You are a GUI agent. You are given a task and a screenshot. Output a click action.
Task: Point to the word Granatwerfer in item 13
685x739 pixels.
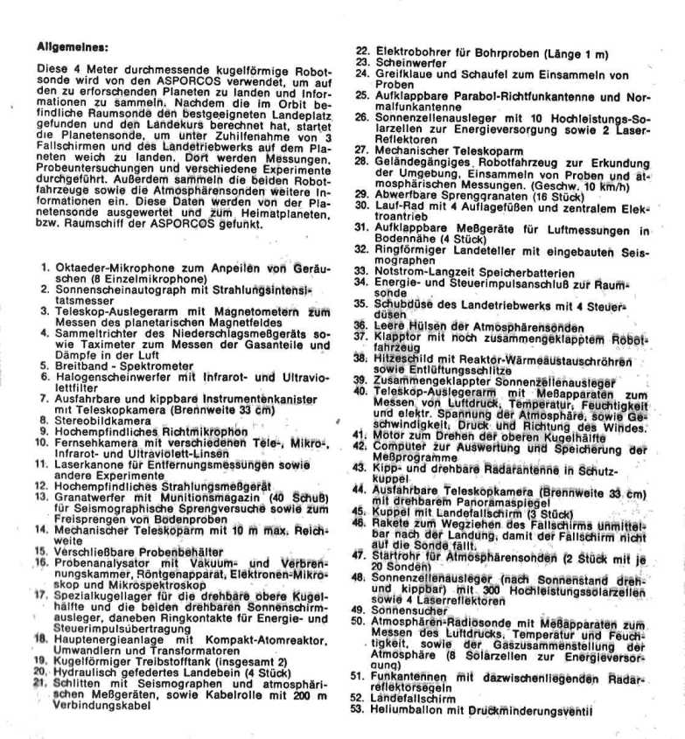91,498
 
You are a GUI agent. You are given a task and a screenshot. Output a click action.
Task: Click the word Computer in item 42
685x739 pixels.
399,447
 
